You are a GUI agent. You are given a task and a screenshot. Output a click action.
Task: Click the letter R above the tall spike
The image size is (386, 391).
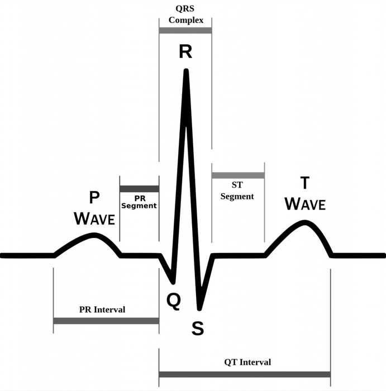[x=185, y=51]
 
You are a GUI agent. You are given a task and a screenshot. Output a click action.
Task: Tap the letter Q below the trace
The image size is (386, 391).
[x=174, y=301]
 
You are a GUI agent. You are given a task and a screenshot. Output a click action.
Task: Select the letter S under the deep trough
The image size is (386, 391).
[x=198, y=328]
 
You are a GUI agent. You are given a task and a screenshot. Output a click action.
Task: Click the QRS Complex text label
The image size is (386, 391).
[x=186, y=14]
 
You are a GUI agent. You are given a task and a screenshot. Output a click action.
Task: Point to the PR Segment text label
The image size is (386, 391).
[x=139, y=202]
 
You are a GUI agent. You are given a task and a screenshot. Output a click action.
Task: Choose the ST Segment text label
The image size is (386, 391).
[x=237, y=191]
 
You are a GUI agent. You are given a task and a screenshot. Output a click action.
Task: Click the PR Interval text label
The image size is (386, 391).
[x=102, y=309]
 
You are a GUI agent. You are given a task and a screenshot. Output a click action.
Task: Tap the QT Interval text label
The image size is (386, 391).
[x=247, y=362]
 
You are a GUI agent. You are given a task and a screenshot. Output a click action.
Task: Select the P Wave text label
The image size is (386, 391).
[x=94, y=208]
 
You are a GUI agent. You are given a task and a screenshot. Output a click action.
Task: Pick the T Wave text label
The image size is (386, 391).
[x=305, y=193]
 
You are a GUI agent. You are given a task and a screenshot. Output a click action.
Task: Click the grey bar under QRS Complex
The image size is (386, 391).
[x=185, y=30]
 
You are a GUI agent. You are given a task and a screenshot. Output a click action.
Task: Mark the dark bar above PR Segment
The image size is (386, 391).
[x=140, y=189]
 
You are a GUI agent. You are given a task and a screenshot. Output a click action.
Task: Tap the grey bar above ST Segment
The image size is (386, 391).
[x=238, y=175]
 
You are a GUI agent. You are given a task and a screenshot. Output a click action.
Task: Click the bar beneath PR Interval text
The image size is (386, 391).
[x=106, y=321]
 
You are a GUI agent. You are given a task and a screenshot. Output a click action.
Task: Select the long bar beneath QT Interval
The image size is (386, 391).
[x=245, y=374]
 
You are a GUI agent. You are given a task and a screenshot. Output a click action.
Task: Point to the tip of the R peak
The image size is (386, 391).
[x=186, y=70]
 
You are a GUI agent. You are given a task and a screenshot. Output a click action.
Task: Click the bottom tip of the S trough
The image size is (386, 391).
[x=199, y=309]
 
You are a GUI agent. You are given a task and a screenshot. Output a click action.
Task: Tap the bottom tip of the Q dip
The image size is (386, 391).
[x=173, y=283]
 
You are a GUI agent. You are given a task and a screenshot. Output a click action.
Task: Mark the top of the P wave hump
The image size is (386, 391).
[x=94, y=235]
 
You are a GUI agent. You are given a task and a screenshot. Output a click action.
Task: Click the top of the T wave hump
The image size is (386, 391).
[x=304, y=222]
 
